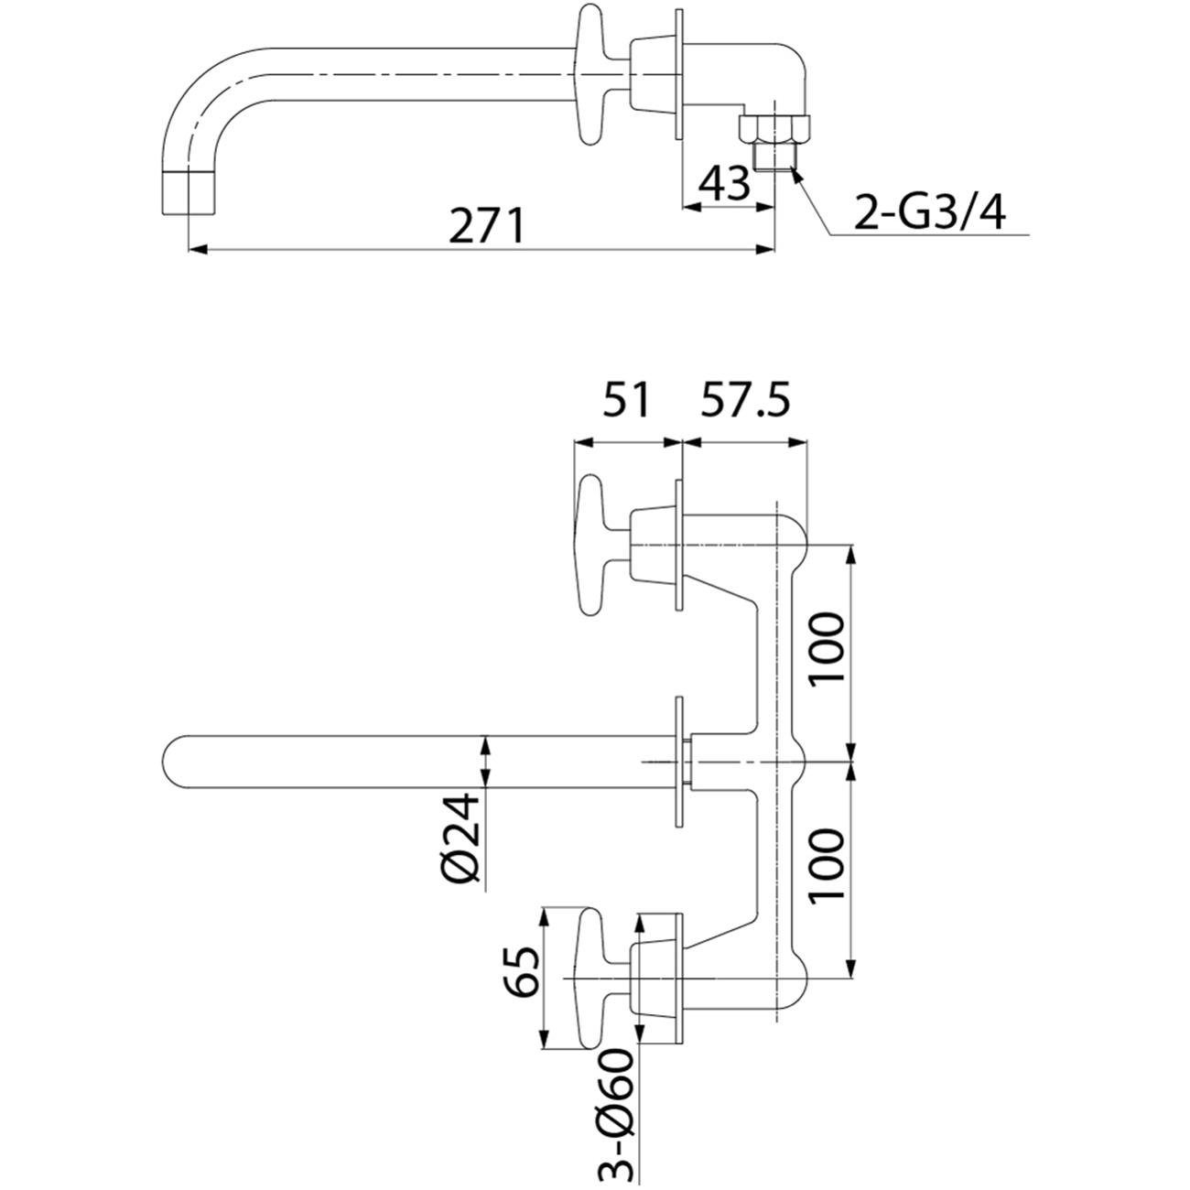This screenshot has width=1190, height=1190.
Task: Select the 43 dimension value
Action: tap(724, 184)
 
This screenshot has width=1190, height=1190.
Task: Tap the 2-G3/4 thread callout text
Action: tap(929, 214)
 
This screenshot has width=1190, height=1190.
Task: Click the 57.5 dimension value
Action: tap(745, 402)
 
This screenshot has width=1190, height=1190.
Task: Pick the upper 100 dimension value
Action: tap(827, 649)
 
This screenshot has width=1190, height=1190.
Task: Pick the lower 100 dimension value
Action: tap(827, 865)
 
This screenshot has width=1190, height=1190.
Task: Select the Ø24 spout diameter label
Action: tap(463, 838)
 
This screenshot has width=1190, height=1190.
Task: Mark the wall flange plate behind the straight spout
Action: tap(679, 762)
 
